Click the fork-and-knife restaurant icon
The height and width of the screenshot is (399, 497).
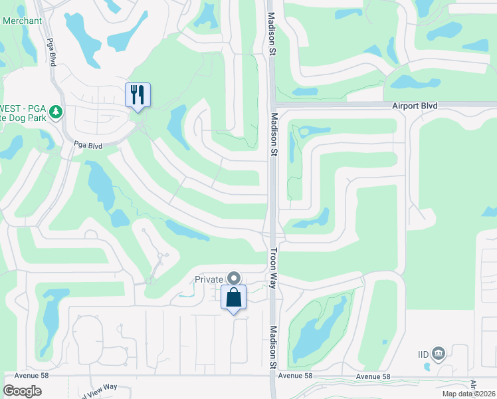pyautogui.click(x=138, y=94)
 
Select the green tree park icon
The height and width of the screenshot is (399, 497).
pyautogui.click(x=56, y=111)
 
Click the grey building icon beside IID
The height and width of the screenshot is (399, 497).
pyautogui.click(x=438, y=352)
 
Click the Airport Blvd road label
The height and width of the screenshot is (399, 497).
pyautogui.click(x=415, y=106)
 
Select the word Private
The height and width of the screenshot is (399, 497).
pyautogui.click(x=209, y=279)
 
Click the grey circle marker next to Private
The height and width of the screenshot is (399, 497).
pyautogui.click(x=233, y=278)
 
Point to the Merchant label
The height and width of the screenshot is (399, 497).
pyautogui.click(x=22, y=21)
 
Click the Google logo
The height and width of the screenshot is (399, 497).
pyautogui.click(x=23, y=390)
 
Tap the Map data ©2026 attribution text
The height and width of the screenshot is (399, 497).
pyautogui.click(x=468, y=394)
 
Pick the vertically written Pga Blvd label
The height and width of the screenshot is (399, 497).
pyautogui.click(x=50, y=51)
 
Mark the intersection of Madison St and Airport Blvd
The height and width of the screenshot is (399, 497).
pyautogui.click(x=272, y=104)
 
